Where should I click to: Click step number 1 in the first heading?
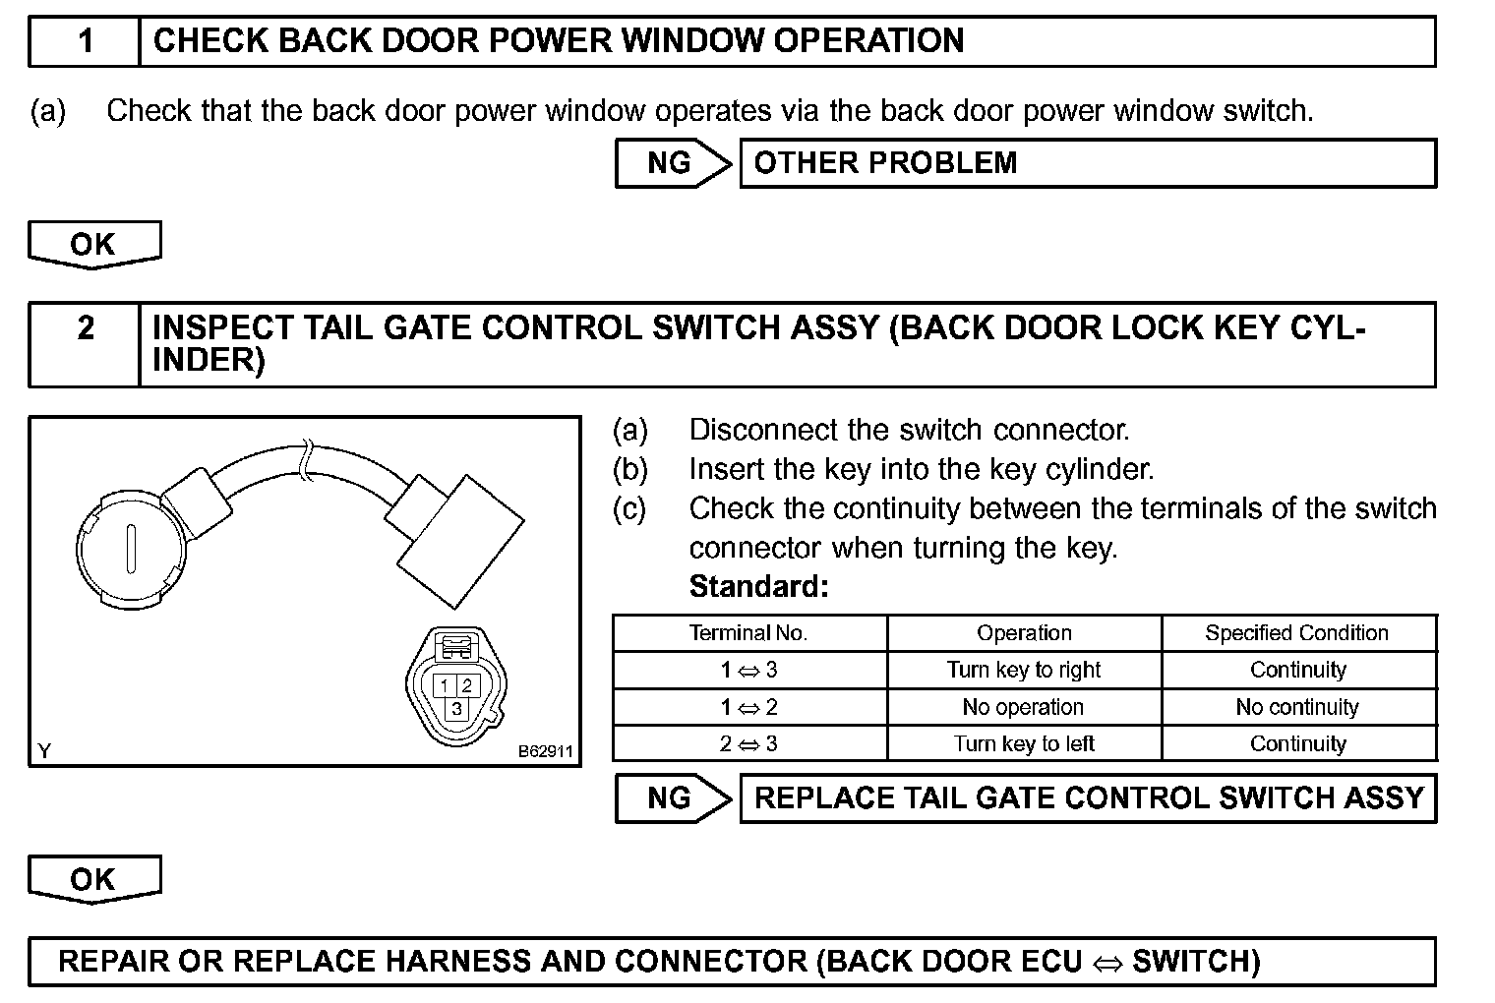pos(86,41)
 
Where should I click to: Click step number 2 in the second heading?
pos(86,327)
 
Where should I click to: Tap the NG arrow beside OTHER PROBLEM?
pos(673,163)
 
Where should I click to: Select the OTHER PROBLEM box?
pos(1087,163)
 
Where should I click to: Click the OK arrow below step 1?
pos(93,244)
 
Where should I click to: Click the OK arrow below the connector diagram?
pos(93,878)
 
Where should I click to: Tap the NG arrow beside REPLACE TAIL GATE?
pos(673,798)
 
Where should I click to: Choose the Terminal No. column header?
pos(748,633)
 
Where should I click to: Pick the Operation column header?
pos(1024,633)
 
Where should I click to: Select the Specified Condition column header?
pos(1297,633)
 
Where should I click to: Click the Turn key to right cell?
pos(1024,671)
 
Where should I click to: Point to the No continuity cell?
pos(1297,707)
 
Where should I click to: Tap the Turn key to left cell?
pos(1024,744)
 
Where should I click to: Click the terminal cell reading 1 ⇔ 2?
pos(748,707)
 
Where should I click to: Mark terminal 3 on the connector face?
pos(456,708)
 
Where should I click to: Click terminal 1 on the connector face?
pos(446,686)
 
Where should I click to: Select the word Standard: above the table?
pos(758,587)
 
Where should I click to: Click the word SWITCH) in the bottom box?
pos(1196,961)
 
